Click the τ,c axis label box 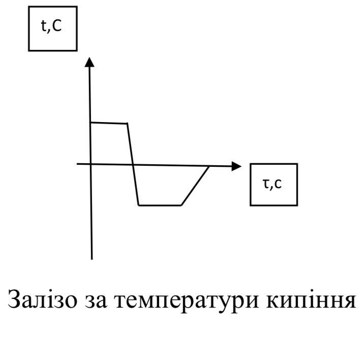coord(274,184)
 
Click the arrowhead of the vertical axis coord(90,62)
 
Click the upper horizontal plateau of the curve coord(108,123)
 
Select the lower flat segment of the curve coord(160,205)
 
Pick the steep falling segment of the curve coord(133,164)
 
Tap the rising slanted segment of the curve coord(195,186)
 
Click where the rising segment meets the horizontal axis coord(209,166)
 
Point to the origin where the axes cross coord(91,164)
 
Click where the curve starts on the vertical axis coord(91,122)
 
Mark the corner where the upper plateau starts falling coord(127,123)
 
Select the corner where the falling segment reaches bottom coord(139,205)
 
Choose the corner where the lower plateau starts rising coord(181,205)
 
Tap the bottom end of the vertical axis coord(92,258)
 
